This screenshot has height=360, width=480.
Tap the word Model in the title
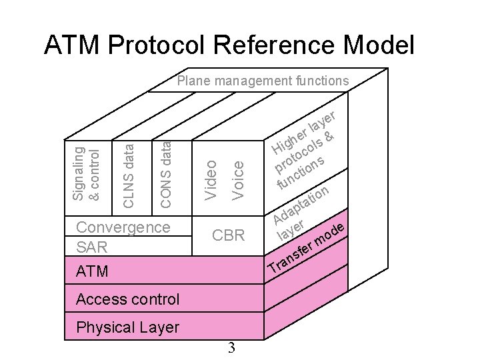[x=379, y=45]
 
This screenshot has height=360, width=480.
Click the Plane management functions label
[x=262, y=81]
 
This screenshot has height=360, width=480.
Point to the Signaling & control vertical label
[x=86, y=173]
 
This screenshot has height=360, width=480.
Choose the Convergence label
[x=123, y=227]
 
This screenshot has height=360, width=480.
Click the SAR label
[x=91, y=247]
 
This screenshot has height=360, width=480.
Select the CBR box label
[x=228, y=235]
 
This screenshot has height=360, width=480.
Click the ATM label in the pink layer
[x=92, y=271]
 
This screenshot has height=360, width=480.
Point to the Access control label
[x=127, y=299]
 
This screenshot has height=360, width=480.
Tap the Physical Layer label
[x=127, y=327]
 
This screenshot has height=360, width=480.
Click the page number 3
[x=231, y=347]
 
